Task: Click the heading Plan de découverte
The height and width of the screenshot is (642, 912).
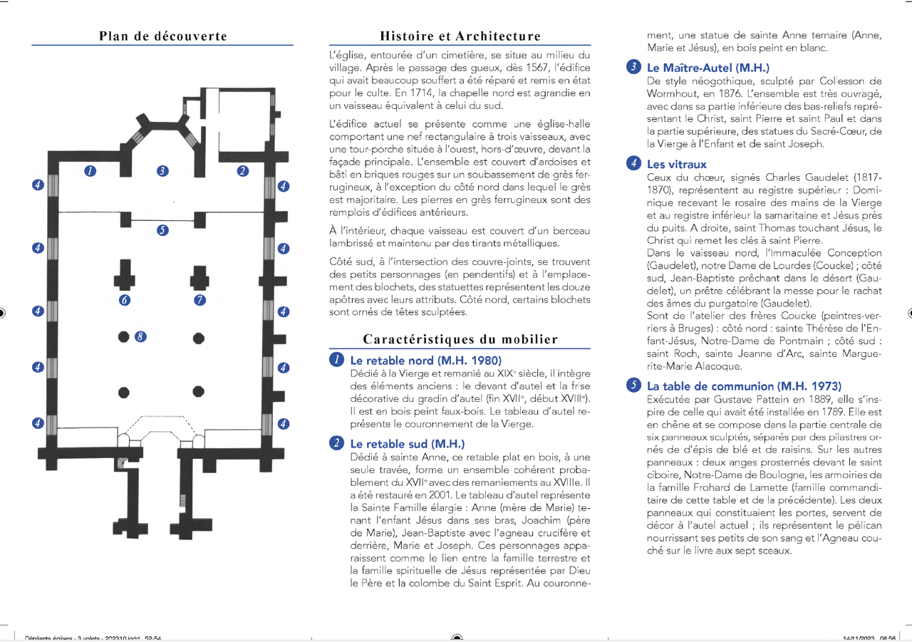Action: point(163,36)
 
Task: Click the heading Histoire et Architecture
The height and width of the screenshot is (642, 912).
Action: point(460,36)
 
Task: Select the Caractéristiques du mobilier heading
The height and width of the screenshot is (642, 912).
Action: point(460,339)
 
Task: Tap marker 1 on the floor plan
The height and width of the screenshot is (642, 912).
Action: point(90,170)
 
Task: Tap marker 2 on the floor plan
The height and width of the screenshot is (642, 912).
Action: point(243,170)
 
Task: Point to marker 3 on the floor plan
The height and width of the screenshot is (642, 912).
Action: point(162,170)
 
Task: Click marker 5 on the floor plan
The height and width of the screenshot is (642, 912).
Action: point(162,230)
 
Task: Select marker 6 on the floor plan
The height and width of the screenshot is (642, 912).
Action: point(125,301)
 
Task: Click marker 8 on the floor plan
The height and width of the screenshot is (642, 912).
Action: point(140,336)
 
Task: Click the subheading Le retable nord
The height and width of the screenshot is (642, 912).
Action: point(425,361)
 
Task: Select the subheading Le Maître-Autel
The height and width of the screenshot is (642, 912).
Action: point(708,68)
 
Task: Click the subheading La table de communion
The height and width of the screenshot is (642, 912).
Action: point(744,385)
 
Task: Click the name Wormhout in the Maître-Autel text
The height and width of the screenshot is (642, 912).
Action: point(673,93)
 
